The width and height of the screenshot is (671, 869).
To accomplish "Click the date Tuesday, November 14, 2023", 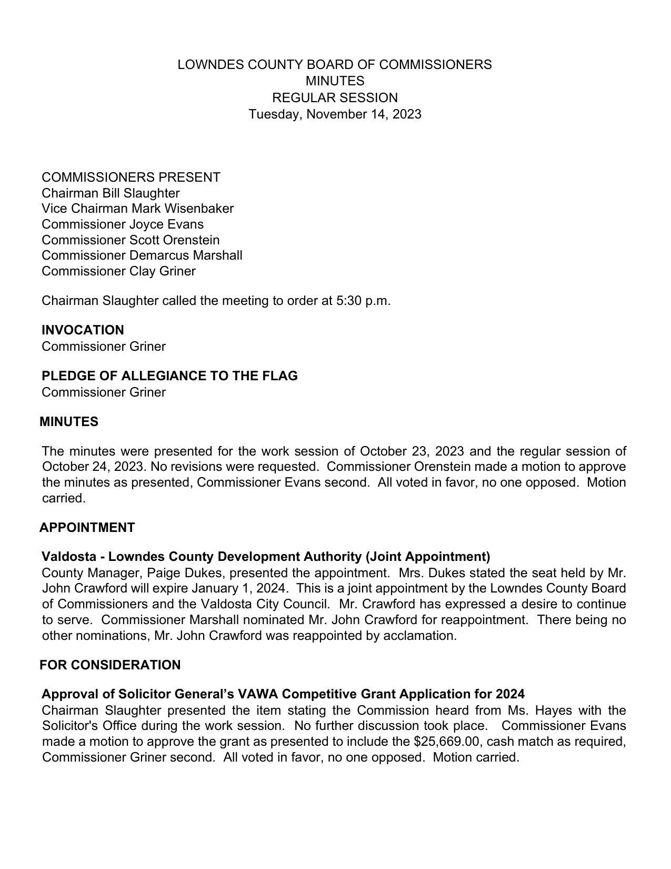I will pyautogui.click(x=335, y=114).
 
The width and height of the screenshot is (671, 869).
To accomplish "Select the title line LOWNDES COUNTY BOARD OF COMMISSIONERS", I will pyautogui.click(x=335, y=65).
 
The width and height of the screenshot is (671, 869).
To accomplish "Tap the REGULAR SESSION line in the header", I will pyautogui.click(x=335, y=98).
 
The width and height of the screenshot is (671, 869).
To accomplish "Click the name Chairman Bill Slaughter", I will pyautogui.click(x=111, y=193).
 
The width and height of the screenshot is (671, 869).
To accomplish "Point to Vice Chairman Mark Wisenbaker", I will pyautogui.click(x=137, y=209).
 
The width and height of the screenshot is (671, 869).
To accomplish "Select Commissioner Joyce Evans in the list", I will pyautogui.click(x=123, y=224).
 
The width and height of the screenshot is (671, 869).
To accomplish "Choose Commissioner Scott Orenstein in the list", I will pyautogui.click(x=131, y=240).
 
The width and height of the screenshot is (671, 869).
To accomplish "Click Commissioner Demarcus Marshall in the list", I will pyautogui.click(x=142, y=255).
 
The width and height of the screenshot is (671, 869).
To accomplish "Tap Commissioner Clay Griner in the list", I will pyautogui.click(x=118, y=271).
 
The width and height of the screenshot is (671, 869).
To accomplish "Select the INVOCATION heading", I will pyautogui.click(x=83, y=330).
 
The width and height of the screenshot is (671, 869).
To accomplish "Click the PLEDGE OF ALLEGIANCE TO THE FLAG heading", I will pyautogui.click(x=169, y=376).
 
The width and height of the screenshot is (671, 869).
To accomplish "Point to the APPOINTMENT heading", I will pyautogui.click(x=87, y=528).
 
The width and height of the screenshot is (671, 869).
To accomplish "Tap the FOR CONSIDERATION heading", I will pyautogui.click(x=110, y=665).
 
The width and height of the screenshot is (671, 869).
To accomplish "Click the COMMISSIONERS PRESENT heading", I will pyautogui.click(x=131, y=177).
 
